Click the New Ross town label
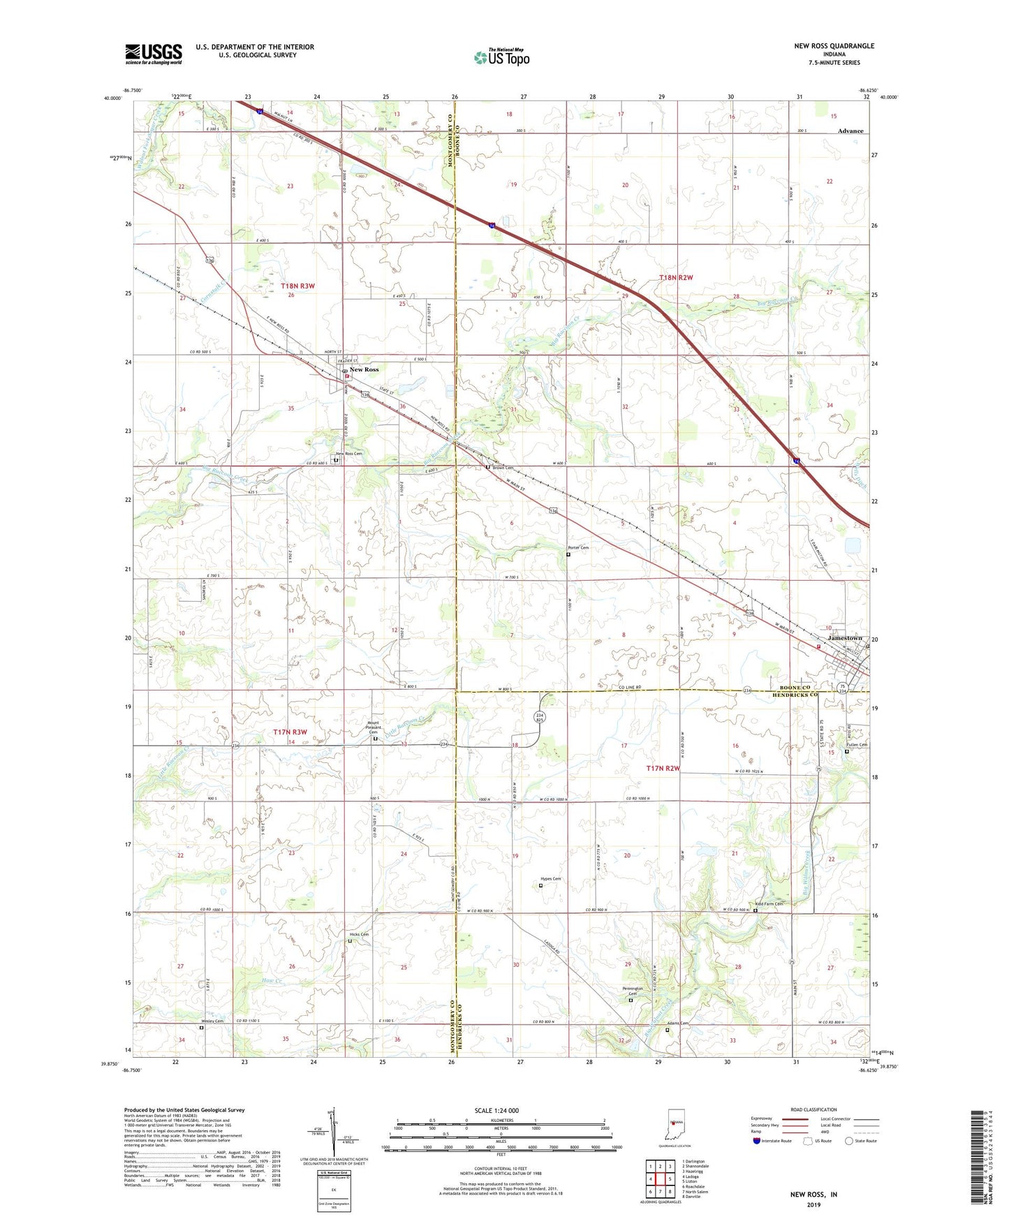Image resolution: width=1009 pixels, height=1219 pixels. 364,369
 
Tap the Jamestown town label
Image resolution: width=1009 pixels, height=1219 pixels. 845,638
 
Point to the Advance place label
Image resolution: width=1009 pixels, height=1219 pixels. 850,131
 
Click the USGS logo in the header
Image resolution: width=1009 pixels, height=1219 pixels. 154,54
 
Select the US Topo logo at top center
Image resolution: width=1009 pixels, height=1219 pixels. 502,57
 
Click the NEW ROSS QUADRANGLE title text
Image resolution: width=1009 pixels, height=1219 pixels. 834,46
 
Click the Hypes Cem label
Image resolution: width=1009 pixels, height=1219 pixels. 551,879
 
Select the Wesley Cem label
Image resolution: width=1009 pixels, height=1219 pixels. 213,1021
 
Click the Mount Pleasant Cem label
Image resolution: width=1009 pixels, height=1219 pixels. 374,727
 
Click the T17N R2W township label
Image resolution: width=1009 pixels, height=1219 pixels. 663,768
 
